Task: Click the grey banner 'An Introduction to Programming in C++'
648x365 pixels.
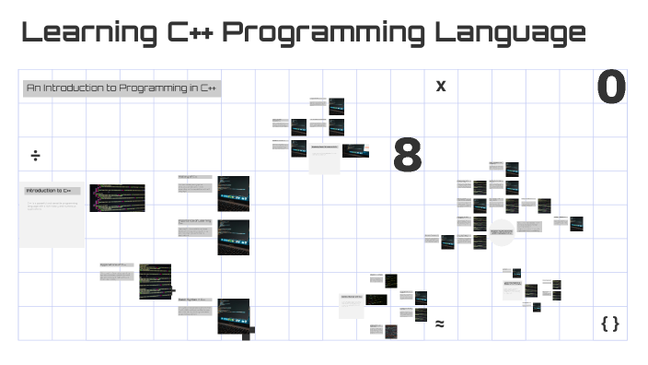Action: (x=121, y=88)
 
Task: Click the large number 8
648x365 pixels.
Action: (x=407, y=155)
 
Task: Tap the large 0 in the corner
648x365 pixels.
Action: (x=610, y=88)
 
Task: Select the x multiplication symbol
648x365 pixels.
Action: (x=441, y=87)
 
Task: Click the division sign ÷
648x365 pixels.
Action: (x=35, y=155)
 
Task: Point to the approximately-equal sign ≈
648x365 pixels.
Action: (x=440, y=324)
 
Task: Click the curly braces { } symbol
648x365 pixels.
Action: (x=609, y=324)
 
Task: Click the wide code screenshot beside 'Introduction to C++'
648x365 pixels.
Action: (x=117, y=197)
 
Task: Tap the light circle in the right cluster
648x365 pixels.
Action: (x=502, y=233)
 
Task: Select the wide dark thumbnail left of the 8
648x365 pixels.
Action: (x=355, y=150)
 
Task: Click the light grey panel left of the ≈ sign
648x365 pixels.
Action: (x=351, y=305)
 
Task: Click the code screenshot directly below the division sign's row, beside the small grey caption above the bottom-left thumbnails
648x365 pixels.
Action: (x=155, y=281)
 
